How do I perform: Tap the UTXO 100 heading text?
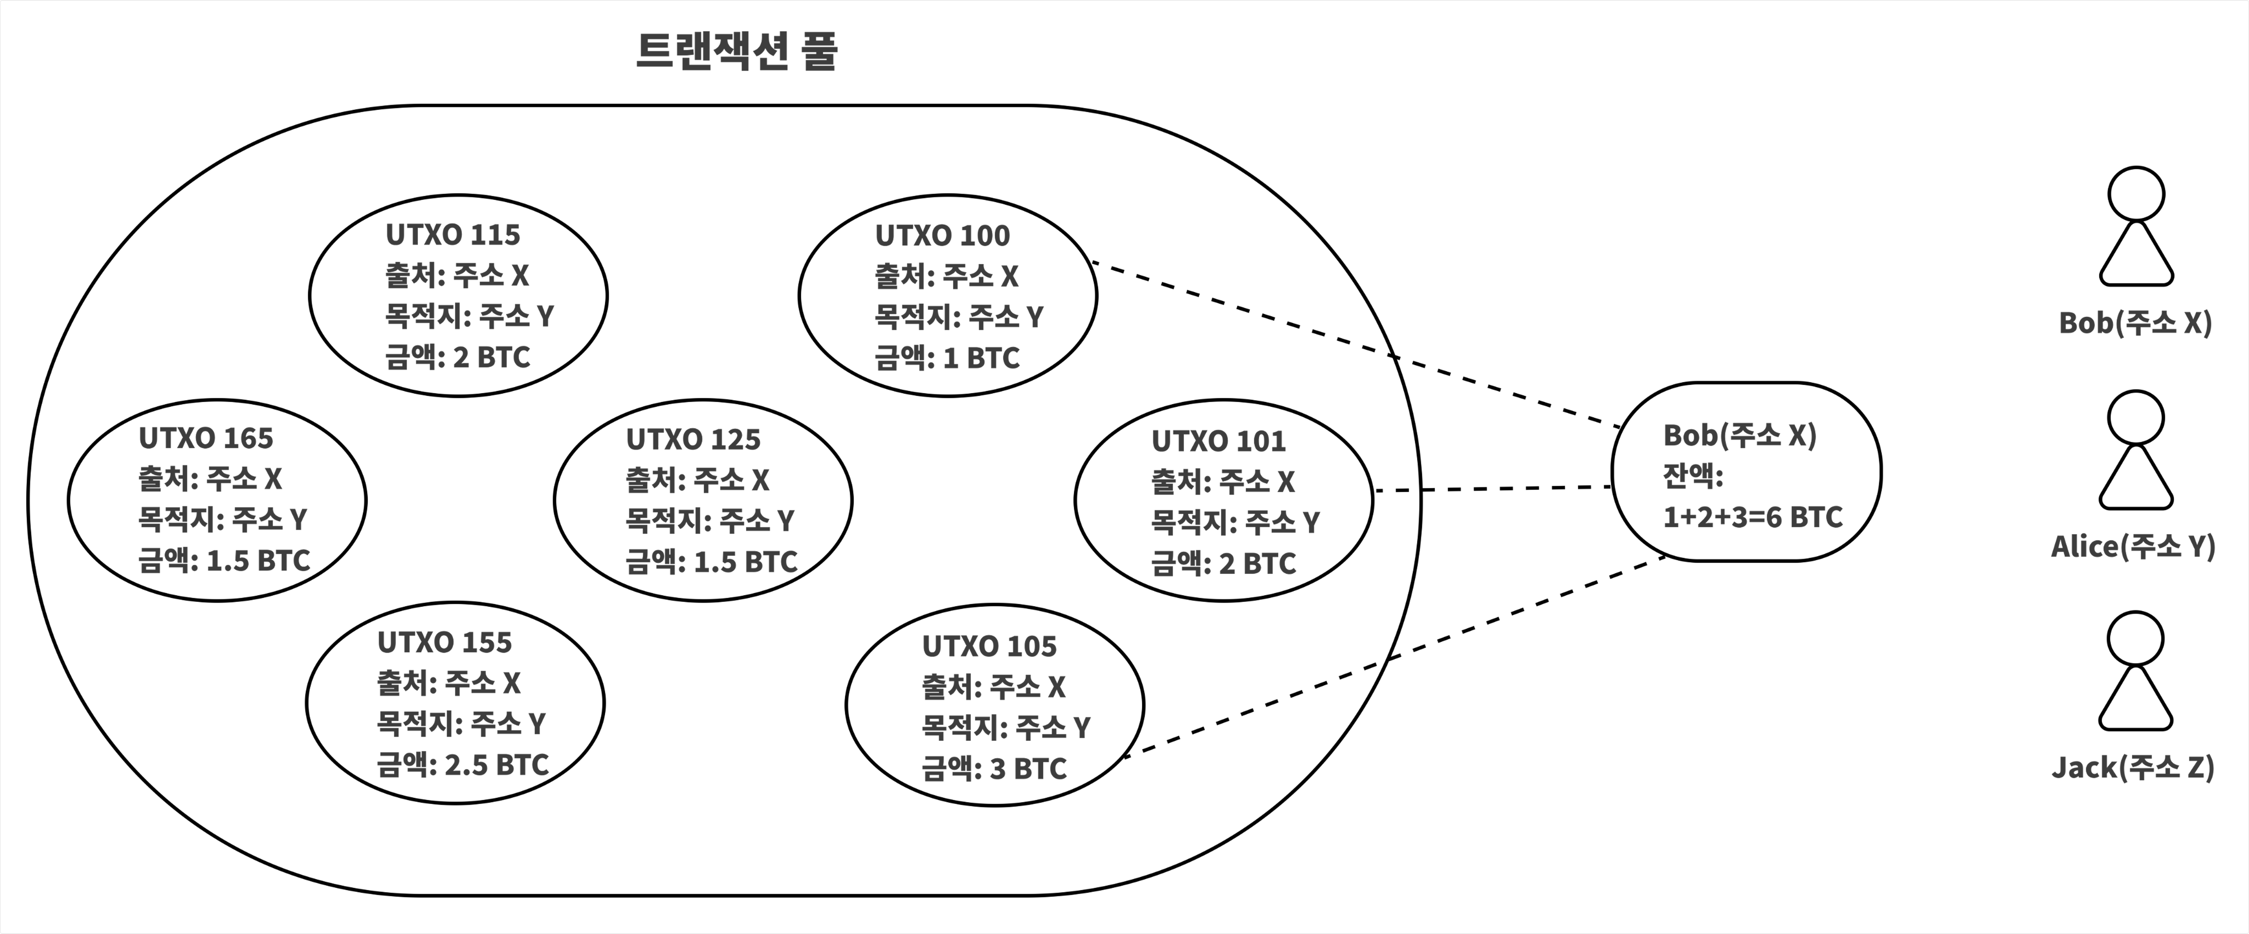tap(942, 236)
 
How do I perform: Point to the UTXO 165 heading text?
tap(206, 438)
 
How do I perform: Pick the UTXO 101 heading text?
tap(1219, 442)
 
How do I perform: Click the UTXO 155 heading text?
tap(444, 642)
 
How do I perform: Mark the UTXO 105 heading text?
tap(989, 647)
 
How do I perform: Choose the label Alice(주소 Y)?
tap(2133, 547)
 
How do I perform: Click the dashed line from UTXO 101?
tap(1493, 489)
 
